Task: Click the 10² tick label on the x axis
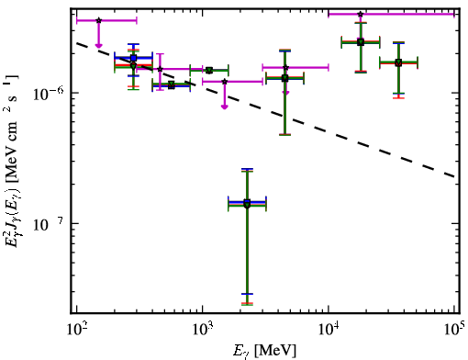pos(76,330)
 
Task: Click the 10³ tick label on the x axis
pos(202,330)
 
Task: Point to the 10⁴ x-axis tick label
pos(329,330)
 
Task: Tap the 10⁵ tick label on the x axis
pos(454,330)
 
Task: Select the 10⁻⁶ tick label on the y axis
pos(47,93)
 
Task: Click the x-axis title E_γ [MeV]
pos(264,351)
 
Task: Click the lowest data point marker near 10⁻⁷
pos(247,204)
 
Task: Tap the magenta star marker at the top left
pos(98,20)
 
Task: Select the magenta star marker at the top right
pos(361,14)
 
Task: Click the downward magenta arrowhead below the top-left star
pos(98,46)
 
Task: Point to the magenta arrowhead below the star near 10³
pos(225,107)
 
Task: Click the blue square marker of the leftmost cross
pos(133,58)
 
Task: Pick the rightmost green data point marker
pos(398,62)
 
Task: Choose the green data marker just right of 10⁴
pos(361,42)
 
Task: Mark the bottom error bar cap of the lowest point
pos(247,304)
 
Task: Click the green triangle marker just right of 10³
pos(209,71)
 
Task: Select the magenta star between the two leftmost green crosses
pos(160,69)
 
